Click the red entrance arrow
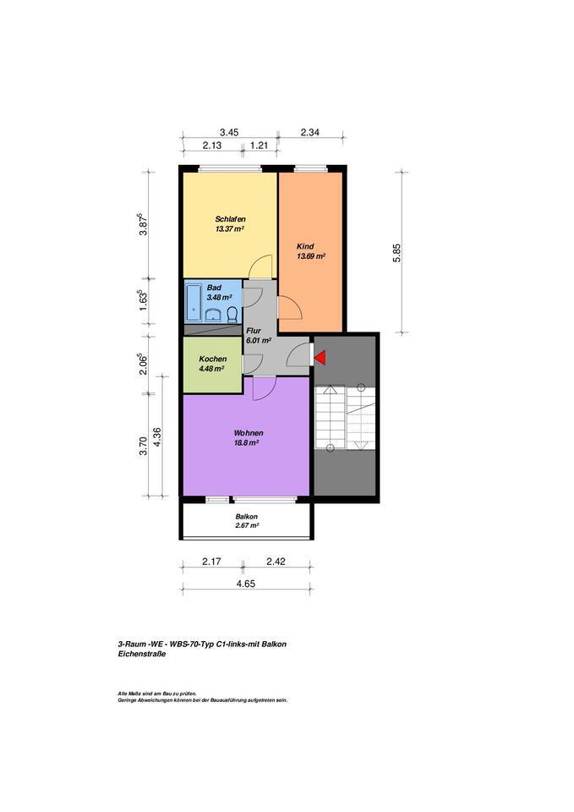click(x=320, y=358)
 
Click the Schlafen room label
click(x=230, y=219)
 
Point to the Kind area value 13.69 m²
click(x=311, y=255)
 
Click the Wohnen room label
click(x=246, y=432)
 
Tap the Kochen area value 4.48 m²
click(x=211, y=368)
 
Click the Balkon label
click(x=246, y=516)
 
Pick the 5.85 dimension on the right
click(x=396, y=253)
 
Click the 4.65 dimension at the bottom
click(x=246, y=584)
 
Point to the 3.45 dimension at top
click(x=229, y=132)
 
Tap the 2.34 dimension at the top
click(x=310, y=132)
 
